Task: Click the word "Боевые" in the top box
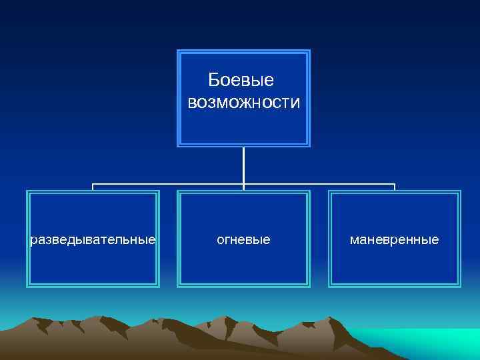(241, 81)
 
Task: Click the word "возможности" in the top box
(244, 103)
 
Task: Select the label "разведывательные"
(93, 239)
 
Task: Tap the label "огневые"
(244, 239)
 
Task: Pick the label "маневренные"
(395, 239)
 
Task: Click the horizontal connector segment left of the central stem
(167, 184)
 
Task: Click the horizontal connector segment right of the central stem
(320, 184)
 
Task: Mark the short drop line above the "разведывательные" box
(93, 187)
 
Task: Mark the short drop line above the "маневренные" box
(395, 187)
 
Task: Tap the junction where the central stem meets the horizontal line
(244, 184)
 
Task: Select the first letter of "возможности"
(192, 104)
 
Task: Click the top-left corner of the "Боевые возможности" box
(178, 51)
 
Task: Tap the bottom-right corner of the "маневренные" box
(459, 286)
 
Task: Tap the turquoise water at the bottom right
(433, 340)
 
